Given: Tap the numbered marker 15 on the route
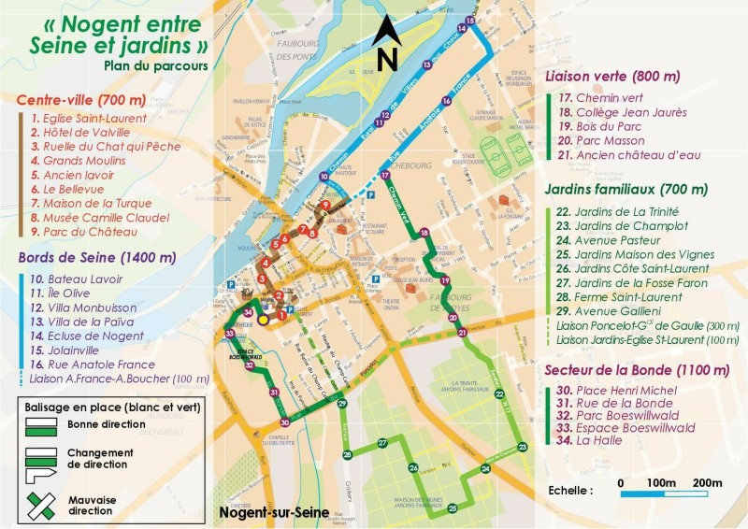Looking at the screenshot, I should (x=470, y=20).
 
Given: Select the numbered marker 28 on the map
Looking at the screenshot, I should (x=347, y=455).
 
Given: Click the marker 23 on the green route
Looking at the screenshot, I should (x=522, y=448).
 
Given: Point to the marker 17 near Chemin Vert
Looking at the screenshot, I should (x=385, y=175).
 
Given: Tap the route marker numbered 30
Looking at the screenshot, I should (x=284, y=422).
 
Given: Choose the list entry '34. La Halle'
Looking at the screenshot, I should (x=597, y=439).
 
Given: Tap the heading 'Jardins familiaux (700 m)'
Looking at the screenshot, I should (x=626, y=189).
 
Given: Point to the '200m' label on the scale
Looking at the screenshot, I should (x=707, y=482).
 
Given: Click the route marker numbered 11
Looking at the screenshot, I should (x=378, y=122).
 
